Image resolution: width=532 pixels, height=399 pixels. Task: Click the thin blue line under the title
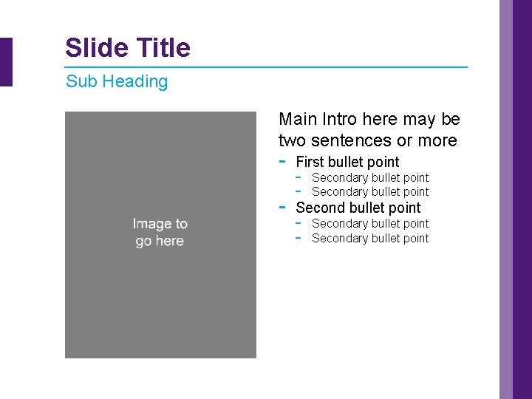point(266,67)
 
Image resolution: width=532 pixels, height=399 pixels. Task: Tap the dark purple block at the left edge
point(6,62)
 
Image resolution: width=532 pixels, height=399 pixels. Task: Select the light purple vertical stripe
point(506,199)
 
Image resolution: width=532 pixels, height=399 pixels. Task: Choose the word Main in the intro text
point(298,119)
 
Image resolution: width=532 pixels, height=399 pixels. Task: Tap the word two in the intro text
point(292,140)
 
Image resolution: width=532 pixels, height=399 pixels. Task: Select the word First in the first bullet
point(310,162)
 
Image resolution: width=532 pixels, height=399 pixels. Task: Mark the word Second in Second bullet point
point(319,208)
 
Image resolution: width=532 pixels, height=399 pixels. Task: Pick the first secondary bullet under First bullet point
point(370,177)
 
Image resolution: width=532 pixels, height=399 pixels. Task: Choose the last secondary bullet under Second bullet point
point(370,238)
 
